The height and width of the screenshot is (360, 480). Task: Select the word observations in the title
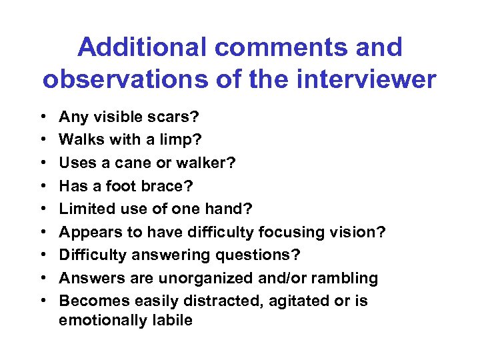pos(115,79)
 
